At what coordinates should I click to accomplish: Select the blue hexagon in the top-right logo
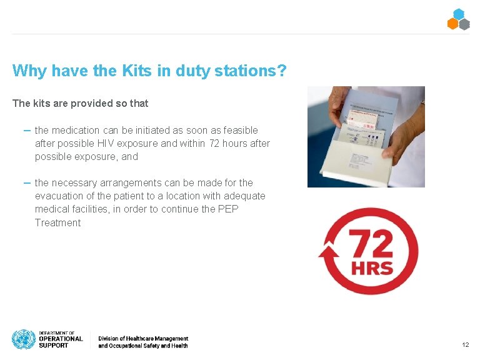click(x=459, y=14)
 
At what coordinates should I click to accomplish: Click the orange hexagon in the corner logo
click(x=453, y=24)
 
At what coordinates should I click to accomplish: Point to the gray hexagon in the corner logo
click(x=464, y=24)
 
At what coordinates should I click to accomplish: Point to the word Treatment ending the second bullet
click(x=57, y=222)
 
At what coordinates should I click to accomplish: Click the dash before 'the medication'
click(x=27, y=129)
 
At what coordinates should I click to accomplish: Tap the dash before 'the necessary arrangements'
click(x=27, y=182)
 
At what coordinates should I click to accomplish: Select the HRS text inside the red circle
click(x=371, y=269)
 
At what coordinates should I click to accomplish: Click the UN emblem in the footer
click(x=24, y=339)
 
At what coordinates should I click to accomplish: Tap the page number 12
click(x=465, y=345)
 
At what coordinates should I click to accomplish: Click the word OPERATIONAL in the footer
click(x=61, y=339)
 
